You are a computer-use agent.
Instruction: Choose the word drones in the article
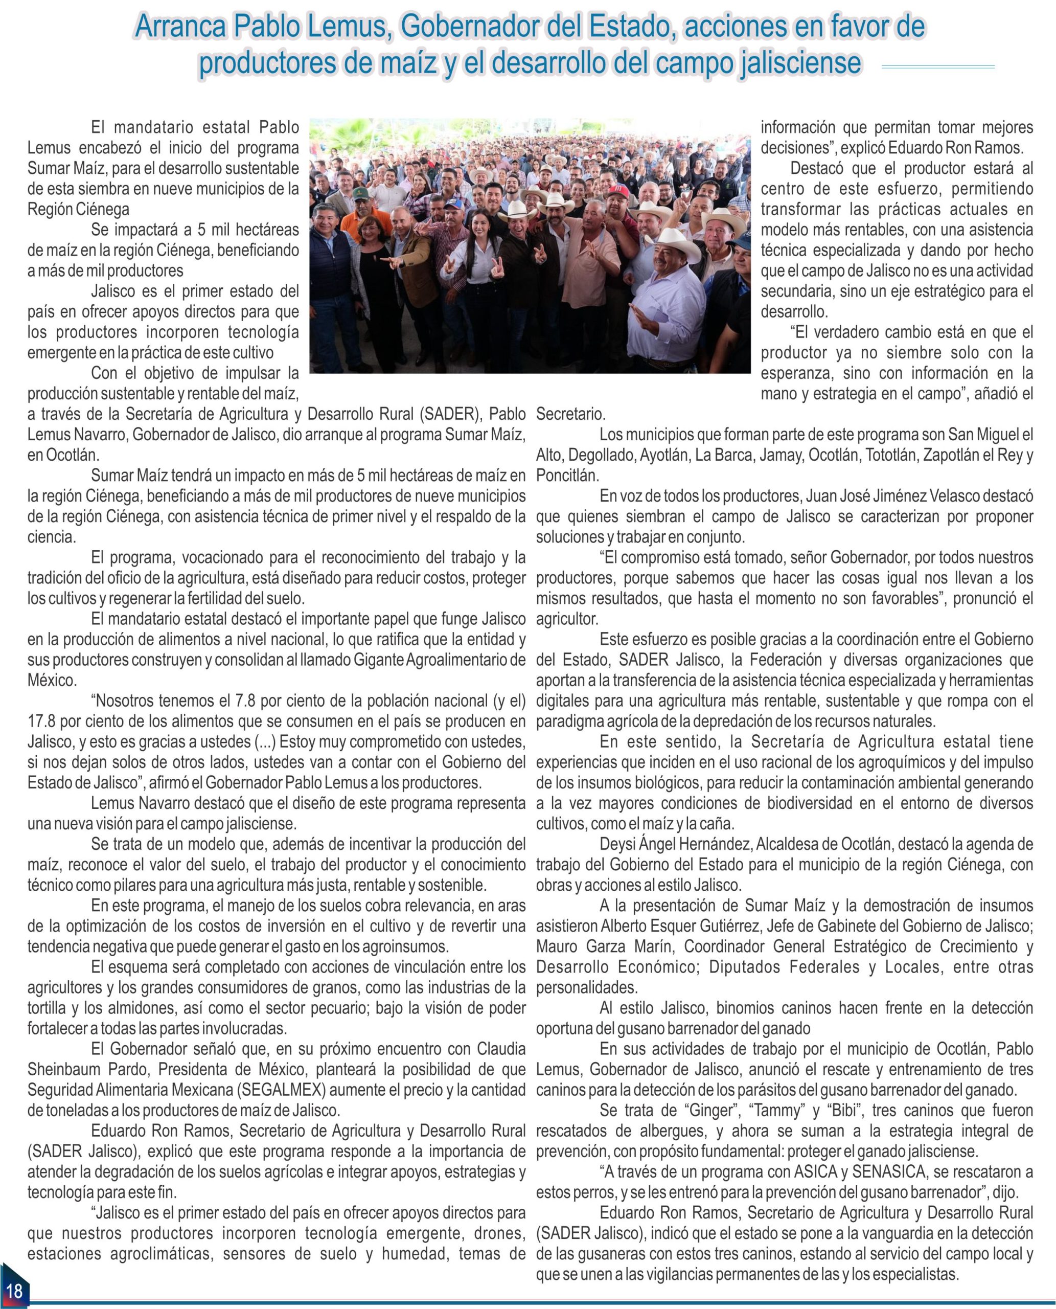tap(498, 1233)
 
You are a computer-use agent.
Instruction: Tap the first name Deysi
tap(617, 845)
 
